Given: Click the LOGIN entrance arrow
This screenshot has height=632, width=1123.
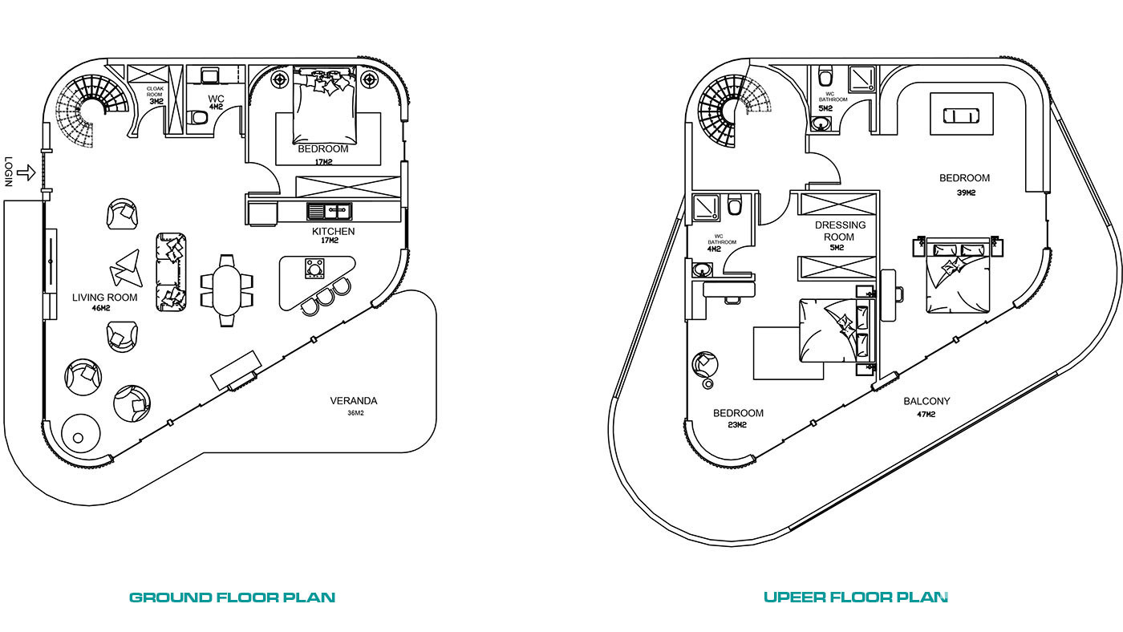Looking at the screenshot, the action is [26, 173].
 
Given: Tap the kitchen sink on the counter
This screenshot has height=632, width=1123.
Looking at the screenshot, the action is [330, 211].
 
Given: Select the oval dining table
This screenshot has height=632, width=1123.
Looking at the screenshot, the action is [226, 290].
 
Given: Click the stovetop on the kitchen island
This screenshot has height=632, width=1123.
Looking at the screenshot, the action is [314, 268].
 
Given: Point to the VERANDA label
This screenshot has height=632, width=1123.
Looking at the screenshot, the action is [354, 401].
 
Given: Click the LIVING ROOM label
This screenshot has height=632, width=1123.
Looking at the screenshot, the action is [105, 298].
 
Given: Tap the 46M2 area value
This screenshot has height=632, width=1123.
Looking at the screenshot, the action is [101, 308].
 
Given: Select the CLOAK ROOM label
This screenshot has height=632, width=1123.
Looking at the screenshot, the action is [155, 91].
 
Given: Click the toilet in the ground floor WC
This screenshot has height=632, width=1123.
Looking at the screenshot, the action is [199, 118].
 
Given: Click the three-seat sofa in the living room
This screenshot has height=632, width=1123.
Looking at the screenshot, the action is [171, 272].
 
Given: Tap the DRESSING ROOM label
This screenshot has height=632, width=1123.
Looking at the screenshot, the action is [840, 230].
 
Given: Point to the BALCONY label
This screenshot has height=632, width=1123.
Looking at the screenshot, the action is [926, 401].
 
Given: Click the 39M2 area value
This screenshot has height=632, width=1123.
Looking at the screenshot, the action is [966, 192].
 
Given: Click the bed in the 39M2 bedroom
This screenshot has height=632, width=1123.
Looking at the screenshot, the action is [958, 276].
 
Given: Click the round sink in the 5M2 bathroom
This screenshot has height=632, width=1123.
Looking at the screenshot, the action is [821, 123].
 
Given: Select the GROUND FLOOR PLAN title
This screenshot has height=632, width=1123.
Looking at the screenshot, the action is [232, 598].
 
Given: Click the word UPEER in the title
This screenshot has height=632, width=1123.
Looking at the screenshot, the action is [794, 597].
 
